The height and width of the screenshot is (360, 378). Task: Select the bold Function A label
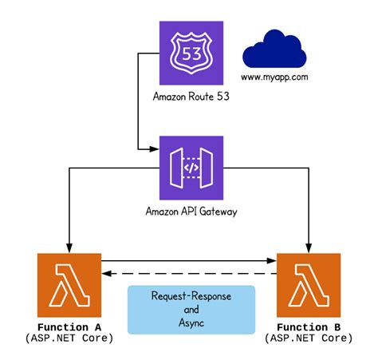point(69,326)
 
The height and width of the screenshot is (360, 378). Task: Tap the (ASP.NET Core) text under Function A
point(69,338)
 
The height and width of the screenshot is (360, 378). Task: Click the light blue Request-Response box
point(191,310)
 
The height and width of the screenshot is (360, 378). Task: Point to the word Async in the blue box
point(191,322)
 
